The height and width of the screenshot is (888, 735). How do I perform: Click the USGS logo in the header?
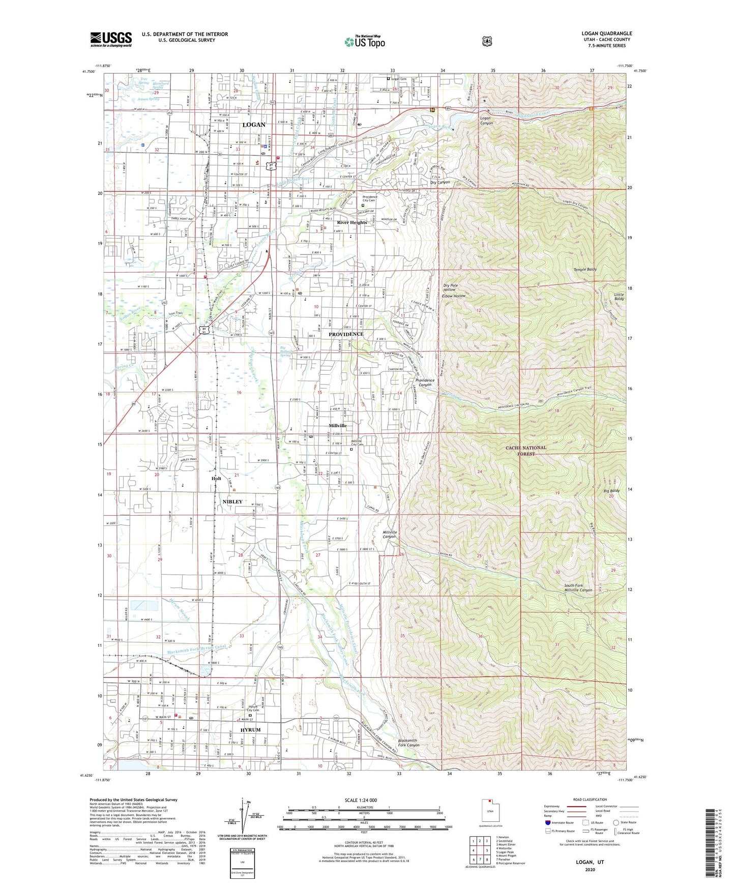111,39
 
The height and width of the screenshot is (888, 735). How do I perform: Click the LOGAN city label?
253,125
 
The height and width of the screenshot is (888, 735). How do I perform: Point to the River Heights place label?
352,222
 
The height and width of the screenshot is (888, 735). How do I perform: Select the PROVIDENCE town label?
346,334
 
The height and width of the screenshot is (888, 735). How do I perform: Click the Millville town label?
338,426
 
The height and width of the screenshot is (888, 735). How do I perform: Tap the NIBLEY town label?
232,501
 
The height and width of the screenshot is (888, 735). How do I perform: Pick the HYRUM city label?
250,730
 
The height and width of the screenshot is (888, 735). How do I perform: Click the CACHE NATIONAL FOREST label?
526,451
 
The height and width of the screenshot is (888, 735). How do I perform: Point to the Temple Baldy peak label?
585,269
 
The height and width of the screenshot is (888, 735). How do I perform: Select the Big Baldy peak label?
611,491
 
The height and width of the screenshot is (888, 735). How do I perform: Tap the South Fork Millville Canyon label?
578,588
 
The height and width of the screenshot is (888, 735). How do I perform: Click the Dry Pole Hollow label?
450,287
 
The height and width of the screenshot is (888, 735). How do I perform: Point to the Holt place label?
216,479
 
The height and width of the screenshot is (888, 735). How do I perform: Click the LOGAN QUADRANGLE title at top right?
606,34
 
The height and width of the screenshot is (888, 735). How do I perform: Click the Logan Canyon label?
486,120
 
